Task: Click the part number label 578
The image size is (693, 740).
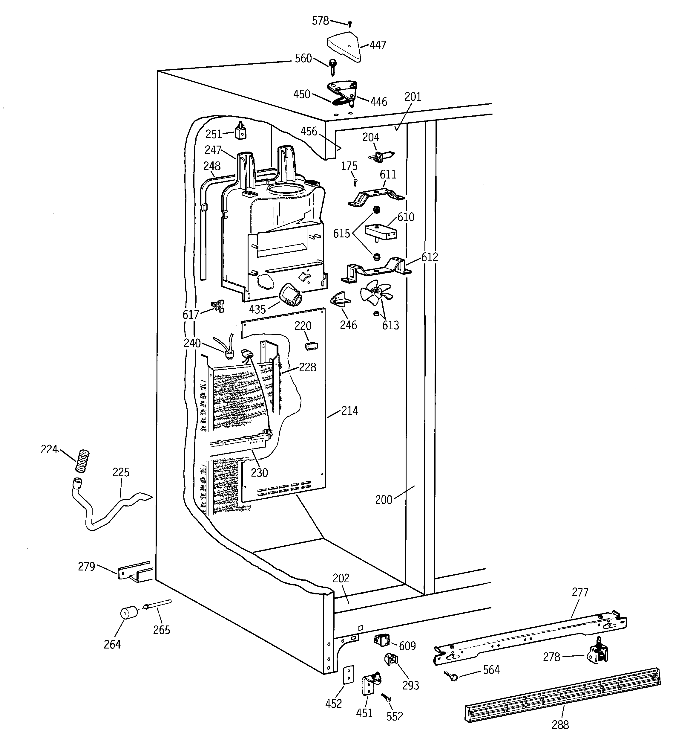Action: coord(320,21)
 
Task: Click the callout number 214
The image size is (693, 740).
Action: coord(350,411)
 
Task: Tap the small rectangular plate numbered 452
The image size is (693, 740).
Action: coord(348,675)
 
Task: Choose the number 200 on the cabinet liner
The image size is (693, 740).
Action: coord(384,500)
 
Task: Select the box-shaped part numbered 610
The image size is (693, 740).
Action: coord(381,231)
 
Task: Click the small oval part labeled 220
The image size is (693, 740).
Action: coord(311,346)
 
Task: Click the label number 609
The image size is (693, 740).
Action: coord(407,646)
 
